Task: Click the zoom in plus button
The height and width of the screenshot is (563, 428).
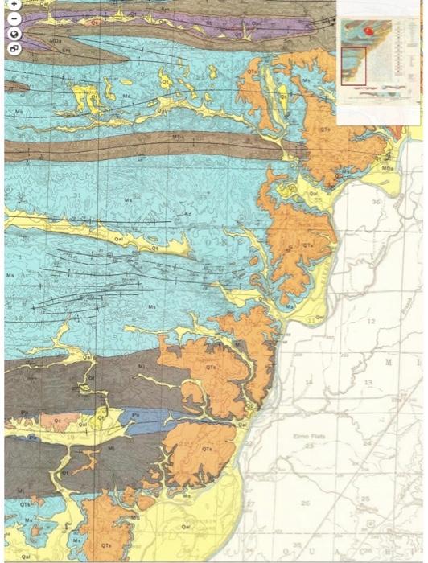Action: click(14, 5)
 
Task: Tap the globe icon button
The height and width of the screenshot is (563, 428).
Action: click(14, 34)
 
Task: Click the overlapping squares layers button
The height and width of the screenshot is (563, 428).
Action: click(14, 48)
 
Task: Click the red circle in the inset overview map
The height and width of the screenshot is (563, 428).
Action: click(369, 31)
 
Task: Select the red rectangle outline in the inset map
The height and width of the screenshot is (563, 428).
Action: click(353, 65)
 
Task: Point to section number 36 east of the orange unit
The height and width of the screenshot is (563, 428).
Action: click(375, 202)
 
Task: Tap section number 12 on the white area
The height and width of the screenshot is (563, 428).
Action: click(371, 321)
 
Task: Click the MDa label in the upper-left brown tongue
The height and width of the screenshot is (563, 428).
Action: click(56, 40)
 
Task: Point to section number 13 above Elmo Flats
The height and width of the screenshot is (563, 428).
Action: click(368, 383)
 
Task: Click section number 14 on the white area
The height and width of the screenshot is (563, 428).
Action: click(308, 383)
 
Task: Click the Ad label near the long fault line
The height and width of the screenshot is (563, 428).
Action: click(187, 214)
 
